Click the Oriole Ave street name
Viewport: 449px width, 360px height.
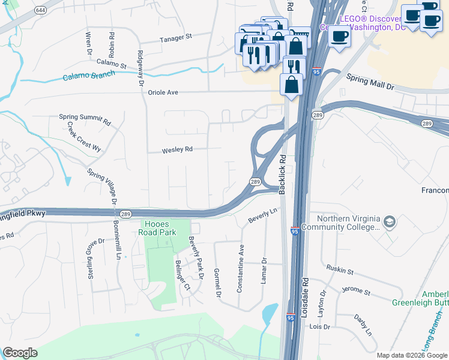164,92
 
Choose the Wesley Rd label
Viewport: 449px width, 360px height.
177,149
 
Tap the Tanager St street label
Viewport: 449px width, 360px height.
175,37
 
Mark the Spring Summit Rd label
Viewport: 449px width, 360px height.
85,119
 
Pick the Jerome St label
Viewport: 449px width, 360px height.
357,291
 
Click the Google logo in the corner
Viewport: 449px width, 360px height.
20,353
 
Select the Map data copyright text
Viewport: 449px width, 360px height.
412,355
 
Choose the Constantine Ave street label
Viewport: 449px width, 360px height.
241,268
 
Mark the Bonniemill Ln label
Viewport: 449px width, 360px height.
116,241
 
